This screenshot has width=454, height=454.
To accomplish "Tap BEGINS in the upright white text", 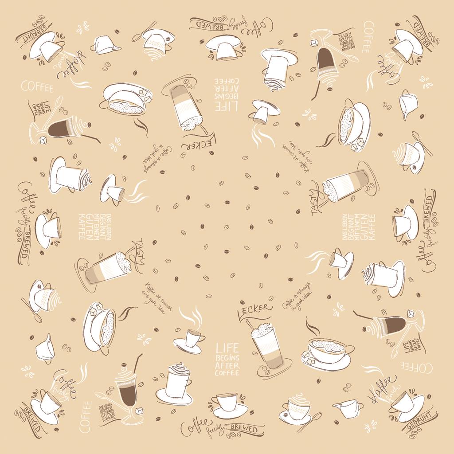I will pyautogui.click(x=227, y=357).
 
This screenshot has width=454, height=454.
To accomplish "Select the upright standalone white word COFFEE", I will pyautogui.click(x=37, y=86).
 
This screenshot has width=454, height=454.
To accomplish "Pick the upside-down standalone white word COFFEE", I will pyautogui.click(x=417, y=367).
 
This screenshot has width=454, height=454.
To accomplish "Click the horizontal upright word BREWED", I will pyautogui.click(x=244, y=429).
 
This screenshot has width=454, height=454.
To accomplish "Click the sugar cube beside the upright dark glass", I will pyautogui.click(x=140, y=411).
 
